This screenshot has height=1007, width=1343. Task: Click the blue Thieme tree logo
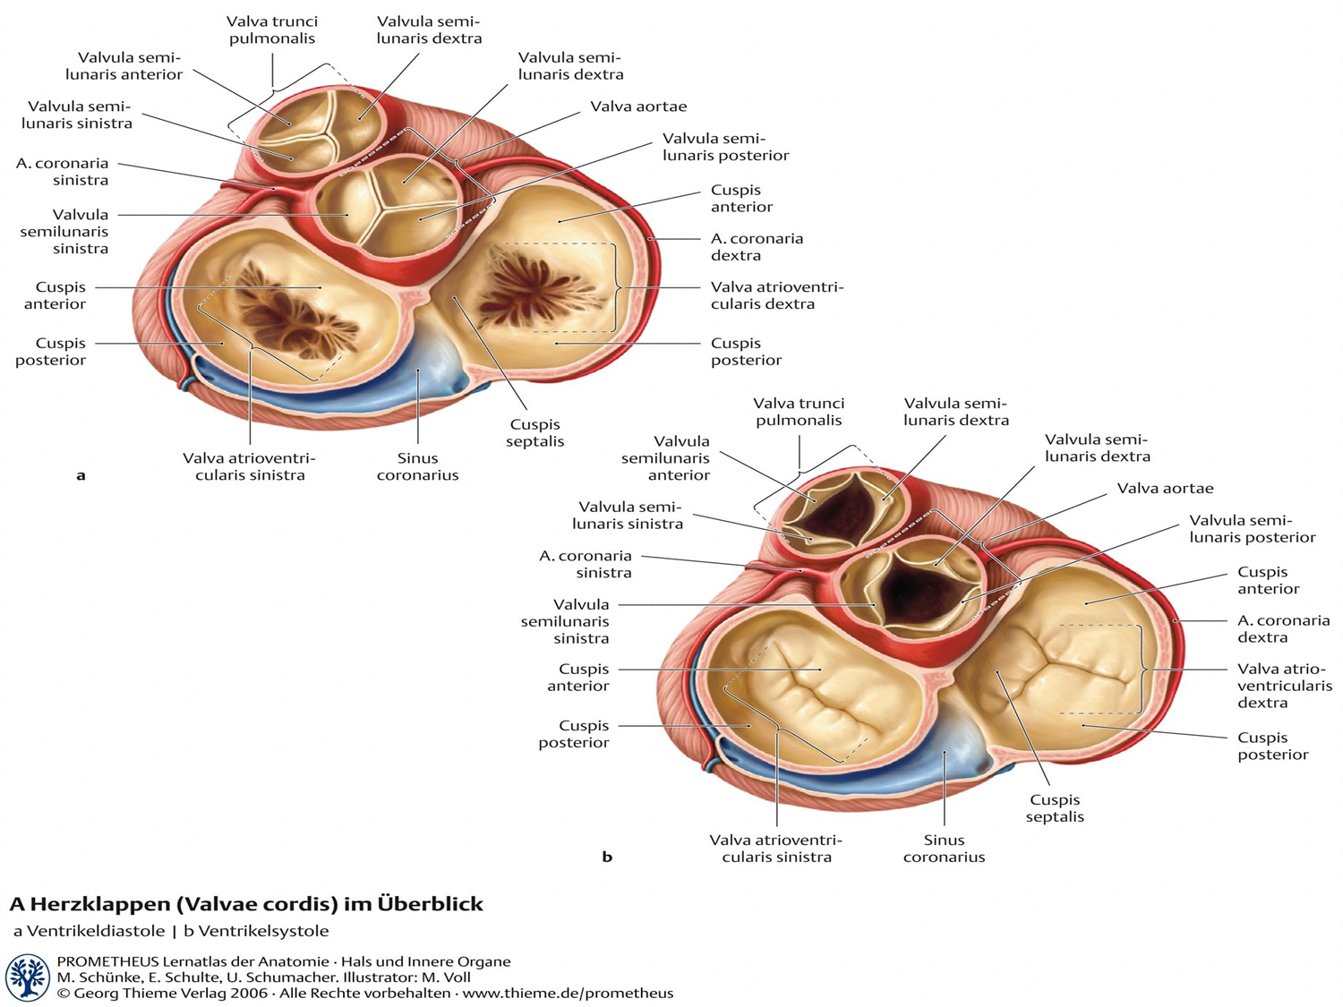pos(27,977)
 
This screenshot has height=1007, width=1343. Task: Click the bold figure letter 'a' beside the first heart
pos(81,475)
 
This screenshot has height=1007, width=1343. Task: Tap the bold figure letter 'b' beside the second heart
pos(607,857)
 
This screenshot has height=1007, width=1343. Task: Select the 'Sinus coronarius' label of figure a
pos(417,466)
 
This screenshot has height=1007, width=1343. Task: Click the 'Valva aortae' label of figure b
pos(1165,488)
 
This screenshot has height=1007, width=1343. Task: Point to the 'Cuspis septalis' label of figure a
pos(535,432)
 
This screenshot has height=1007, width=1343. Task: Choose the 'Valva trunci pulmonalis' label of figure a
pos(272,30)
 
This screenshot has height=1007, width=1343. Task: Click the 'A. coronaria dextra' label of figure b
pos(1283,628)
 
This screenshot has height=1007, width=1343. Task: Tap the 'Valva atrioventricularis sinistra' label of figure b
pos(776,848)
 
